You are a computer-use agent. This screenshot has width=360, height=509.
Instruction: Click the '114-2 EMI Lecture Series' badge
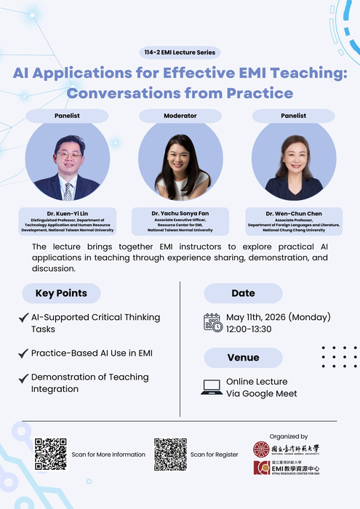point(180,52)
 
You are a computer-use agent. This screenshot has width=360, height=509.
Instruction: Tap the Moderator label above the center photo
point(180,116)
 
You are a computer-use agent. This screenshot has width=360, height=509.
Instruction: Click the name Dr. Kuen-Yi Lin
point(67,213)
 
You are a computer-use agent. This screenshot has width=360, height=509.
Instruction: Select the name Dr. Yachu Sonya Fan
point(180,213)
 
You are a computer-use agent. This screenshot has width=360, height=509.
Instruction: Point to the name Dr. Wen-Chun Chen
point(293,213)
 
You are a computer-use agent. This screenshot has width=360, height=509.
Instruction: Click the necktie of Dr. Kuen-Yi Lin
point(68,191)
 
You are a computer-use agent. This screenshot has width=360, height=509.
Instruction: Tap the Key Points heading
point(61,293)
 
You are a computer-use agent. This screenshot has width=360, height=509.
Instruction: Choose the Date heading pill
point(243,293)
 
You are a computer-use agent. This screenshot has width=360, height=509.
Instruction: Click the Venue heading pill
point(243,358)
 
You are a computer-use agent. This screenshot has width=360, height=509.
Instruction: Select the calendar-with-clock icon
point(213,323)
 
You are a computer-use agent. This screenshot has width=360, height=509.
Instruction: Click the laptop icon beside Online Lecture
point(212,388)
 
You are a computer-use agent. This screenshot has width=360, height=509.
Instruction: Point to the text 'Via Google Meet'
point(261,394)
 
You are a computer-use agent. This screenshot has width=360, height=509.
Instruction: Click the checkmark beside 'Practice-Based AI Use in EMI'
point(23,353)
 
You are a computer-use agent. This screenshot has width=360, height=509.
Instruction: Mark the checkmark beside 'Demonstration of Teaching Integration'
point(23,378)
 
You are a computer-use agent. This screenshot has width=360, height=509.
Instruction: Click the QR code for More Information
point(50,454)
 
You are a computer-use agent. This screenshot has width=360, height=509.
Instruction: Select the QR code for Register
point(170,454)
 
